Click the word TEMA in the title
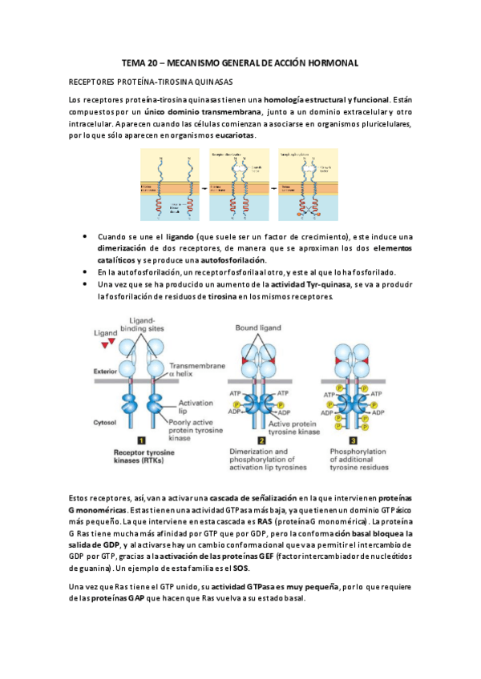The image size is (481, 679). pyautogui.click(x=133, y=62)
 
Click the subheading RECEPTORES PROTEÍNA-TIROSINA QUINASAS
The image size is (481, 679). pyautogui.click(x=152, y=82)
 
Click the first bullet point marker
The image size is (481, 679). pyautogui.click(x=86, y=238)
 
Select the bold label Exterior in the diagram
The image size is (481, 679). pyautogui.click(x=106, y=372)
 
